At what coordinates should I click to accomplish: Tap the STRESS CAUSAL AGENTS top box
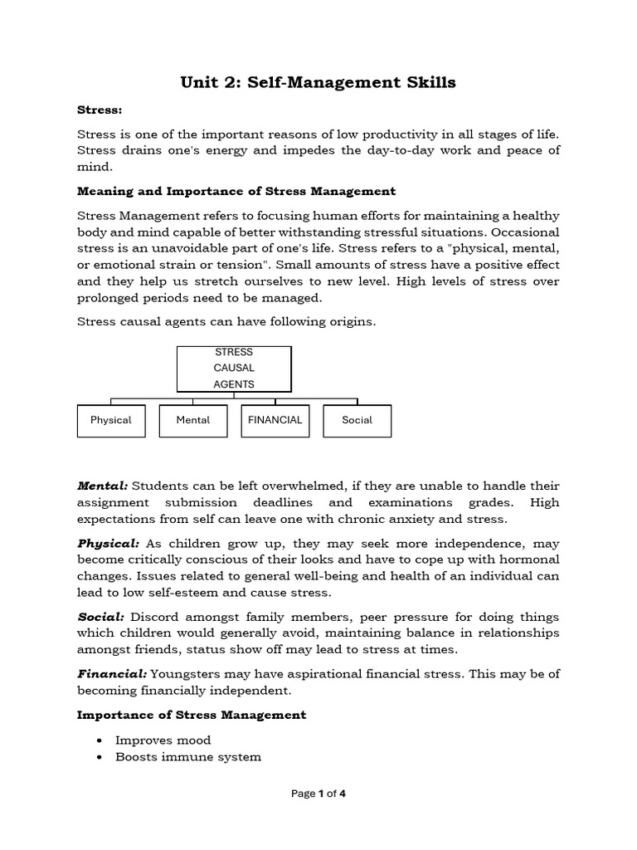point(234,369)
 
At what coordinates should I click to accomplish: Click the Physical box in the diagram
point(111,420)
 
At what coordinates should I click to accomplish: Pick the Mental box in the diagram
point(193,420)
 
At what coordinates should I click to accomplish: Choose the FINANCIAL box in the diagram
point(275,420)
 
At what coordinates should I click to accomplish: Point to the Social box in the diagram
point(357,420)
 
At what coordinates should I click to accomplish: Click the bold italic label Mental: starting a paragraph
point(103,486)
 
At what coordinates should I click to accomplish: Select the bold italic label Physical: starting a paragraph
point(109,544)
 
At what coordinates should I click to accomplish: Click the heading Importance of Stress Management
point(192,715)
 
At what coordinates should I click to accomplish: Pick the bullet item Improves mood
point(163,740)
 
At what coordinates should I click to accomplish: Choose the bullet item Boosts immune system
point(188,757)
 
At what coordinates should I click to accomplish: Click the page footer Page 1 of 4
point(318,794)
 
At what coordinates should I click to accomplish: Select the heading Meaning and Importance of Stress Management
point(236,191)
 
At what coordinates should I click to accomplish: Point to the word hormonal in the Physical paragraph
point(528,560)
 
